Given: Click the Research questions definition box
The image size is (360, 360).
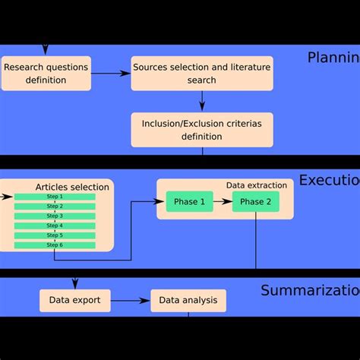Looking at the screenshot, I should pos(46,74).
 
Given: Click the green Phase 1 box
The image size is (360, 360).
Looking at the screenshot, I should pos(189,201).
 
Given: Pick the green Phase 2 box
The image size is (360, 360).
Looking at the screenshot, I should pos(255,201).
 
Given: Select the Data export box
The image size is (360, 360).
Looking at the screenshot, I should pos(74,300).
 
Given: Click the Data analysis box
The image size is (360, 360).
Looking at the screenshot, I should pos(188,300).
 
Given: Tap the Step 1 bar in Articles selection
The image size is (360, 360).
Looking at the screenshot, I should pos(55,197).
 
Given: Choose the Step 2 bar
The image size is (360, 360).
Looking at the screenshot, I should pos(55,207).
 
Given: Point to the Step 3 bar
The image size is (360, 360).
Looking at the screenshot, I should pos(55,216).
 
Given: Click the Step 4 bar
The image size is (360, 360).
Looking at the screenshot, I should pos(55,226).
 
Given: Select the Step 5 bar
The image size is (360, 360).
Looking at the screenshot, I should pos(55,235).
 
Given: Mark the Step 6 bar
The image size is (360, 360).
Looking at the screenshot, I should pos(55,245).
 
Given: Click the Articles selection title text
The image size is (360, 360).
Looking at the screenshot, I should pos(71,187).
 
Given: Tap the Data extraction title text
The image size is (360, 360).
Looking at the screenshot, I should pos(257,185).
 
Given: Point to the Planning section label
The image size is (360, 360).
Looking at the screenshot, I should pos(333,58).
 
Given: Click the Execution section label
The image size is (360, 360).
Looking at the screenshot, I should pos(329,180).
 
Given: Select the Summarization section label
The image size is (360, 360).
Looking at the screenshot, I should pos(310,290).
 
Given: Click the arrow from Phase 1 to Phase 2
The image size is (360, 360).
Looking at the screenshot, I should pos(222,201).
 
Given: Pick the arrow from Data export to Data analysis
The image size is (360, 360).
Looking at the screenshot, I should pos(130,301).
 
